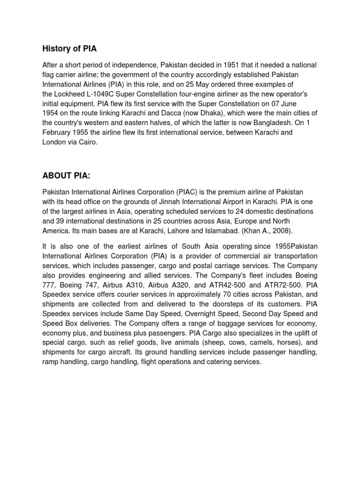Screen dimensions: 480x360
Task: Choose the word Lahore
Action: (157, 231)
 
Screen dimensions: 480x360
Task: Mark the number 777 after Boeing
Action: (49, 285)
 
